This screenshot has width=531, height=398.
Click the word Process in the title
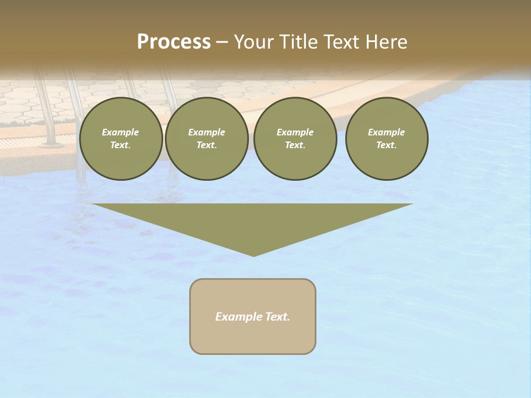point(174,42)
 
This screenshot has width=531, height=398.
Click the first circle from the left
point(121,139)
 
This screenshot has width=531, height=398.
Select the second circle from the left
point(207,139)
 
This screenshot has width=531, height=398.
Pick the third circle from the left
point(295,139)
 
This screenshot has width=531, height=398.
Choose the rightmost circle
point(387,139)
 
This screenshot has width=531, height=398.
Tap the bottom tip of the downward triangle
point(253,255)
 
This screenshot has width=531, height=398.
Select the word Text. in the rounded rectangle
point(277,317)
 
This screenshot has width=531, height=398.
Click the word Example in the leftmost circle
point(121,132)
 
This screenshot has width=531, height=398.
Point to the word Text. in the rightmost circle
point(387,145)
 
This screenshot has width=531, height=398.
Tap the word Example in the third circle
point(295,132)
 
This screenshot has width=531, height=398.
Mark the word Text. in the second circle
point(207,145)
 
